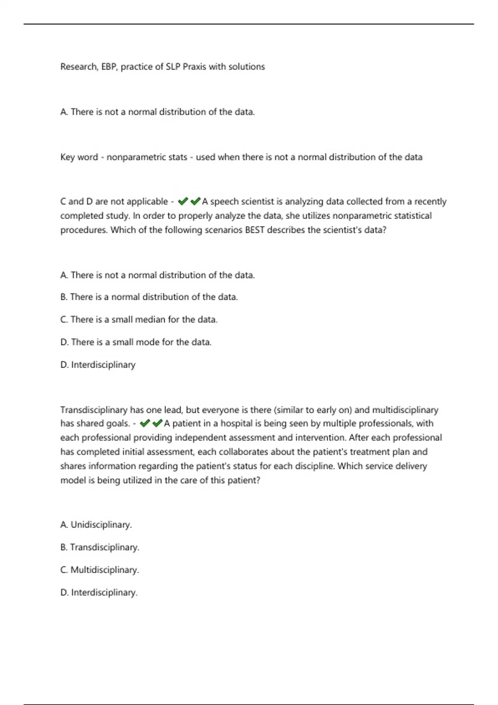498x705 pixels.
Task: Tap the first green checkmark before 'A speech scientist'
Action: pyautogui.click(x=183, y=202)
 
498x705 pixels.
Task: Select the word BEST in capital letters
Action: pyautogui.click(x=255, y=230)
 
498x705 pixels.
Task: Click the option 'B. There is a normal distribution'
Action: pyautogui.click(x=149, y=297)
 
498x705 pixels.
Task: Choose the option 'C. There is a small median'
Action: pyautogui.click(x=139, y=319)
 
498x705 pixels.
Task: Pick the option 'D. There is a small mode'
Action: pyautogui.click(x=136, y=342)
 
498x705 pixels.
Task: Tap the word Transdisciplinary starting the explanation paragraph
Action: pyautogui.click(x=94, y=410)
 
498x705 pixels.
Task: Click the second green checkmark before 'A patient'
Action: pyautogui.click(x=157, y=423)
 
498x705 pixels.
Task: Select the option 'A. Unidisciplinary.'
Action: pyautogui.click(x=96, y=525)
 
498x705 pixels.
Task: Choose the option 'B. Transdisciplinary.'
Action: pyautogui.click(x=100, y=547)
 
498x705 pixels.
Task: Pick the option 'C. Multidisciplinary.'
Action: pyautogui.click(x=100, y=570)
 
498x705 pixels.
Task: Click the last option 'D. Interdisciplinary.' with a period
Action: pyautogui.click(x=99, y=593)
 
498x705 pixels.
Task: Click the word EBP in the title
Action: pyautogui.click(x=108, y=67)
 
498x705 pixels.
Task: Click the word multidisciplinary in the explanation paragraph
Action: pyautogui.click(x=405, y=410)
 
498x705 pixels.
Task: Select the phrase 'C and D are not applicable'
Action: pyautogui.click(x=114, y=202)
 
